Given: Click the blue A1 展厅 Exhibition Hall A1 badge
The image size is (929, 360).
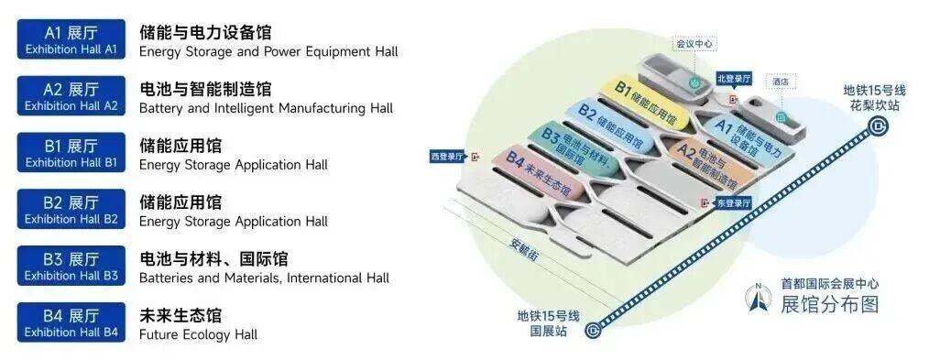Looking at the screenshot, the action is (71, 40).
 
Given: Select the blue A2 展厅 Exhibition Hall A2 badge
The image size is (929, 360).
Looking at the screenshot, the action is (71, 97).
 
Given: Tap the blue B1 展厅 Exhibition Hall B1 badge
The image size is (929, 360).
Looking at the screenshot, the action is (71, 154).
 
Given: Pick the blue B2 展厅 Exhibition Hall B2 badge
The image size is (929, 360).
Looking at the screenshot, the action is (71, 210).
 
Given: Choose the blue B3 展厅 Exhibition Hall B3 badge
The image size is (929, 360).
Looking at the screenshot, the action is (71, 267).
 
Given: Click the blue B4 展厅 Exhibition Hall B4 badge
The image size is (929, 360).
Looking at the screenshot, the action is (71, 323).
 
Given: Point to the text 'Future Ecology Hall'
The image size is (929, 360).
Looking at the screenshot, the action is (198, 334).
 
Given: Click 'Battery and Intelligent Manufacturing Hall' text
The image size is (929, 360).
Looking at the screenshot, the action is (266, 108).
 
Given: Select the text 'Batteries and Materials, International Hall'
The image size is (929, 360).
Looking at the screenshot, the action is (264, 278).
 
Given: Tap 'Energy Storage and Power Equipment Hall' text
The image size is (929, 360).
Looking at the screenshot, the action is (268, 51).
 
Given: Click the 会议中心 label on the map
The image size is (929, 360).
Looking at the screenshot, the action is (694, 43).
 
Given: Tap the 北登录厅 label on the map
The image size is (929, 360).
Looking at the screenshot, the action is (733, 79).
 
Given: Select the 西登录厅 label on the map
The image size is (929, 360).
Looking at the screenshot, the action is (449, 157).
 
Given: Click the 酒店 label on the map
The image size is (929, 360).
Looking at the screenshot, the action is (781, 82).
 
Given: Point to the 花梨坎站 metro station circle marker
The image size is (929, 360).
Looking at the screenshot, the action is (878, 128).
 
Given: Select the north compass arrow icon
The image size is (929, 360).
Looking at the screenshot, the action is (759, 299).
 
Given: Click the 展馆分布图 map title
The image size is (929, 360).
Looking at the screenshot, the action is (829, 305).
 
